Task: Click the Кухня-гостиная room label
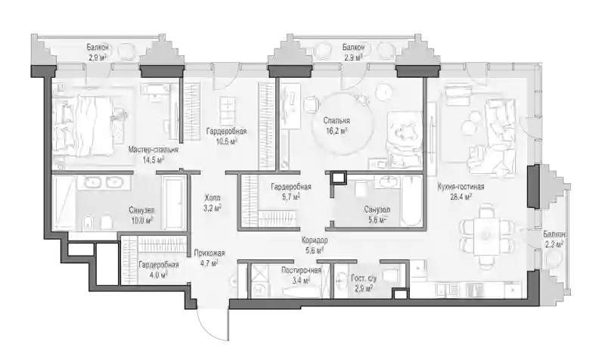coord(461,187)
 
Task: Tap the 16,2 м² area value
coord(337,130)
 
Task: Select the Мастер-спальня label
coord(154,150)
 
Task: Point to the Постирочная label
coord(301,270)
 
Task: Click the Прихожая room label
coord(209,253)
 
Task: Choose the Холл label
coord(213,198)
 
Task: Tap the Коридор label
coord(315,241)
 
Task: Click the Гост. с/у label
coord(364,278)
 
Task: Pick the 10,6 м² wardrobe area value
coord(226,141)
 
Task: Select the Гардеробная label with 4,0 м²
coord(159,265)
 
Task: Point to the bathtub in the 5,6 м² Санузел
coord(411,200)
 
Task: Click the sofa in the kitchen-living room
coord(501,134)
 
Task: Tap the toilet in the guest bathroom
coord(389,274)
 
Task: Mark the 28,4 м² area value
coord(461,197)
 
